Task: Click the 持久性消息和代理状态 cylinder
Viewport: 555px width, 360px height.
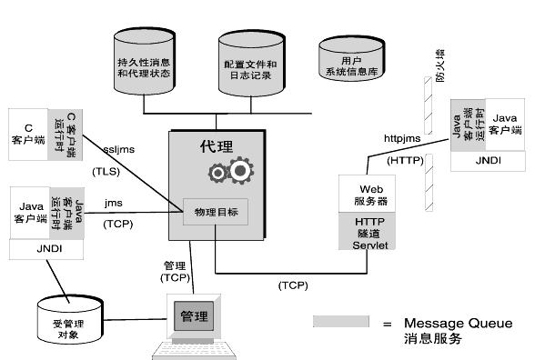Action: click(x=144, y=62)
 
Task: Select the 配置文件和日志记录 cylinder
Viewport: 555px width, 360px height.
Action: click(x=251, y=64)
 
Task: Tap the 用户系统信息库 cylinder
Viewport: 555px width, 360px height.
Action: click(x=351, y=59)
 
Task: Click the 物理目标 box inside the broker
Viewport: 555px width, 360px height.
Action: click(x=216, y=212)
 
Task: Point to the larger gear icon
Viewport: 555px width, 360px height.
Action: click(x=241, y=170)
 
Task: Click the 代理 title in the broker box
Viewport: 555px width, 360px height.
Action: click(x=217, y=146)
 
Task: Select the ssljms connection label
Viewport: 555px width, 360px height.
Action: click(x=119, y=150)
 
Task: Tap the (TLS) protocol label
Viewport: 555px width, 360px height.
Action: click(x=106, y=172)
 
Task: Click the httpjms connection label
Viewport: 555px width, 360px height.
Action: click(x=402, y=138)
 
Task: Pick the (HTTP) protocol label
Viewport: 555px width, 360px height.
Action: click(x=405, y=161)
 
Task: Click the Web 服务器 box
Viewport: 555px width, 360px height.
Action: click(x=367, y=194)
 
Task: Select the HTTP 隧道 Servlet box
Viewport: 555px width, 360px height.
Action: click(x=367, y=231)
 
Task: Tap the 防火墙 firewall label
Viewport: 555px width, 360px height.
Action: click(x=440, y=65)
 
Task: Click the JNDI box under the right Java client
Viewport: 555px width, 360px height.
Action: click(x=488, y=161)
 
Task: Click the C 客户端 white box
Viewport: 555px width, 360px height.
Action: click(x=28, y=135)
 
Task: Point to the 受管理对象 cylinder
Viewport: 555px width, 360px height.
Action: click(x=70, y=320)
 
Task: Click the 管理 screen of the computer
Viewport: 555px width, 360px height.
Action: click(x=194, y=315)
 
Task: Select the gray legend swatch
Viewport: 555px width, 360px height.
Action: click(x=341, y=322)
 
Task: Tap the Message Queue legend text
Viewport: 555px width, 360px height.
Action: click(x=459, y=324)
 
